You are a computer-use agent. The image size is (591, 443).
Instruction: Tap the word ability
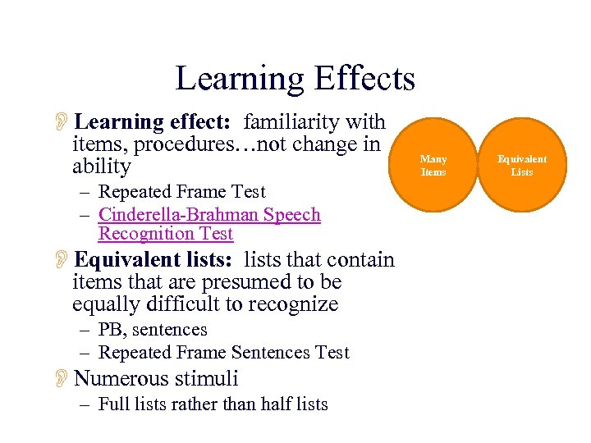pyautogui.click(x=102, y=167)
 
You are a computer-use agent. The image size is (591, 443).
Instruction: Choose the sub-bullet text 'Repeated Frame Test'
pyautogui.click(x=181, y=192)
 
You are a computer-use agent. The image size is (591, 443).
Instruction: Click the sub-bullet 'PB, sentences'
pyautogui.click(x=153, y=330)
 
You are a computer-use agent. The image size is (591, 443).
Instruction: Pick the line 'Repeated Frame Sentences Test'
pyautogui.click(x=223, y=353)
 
